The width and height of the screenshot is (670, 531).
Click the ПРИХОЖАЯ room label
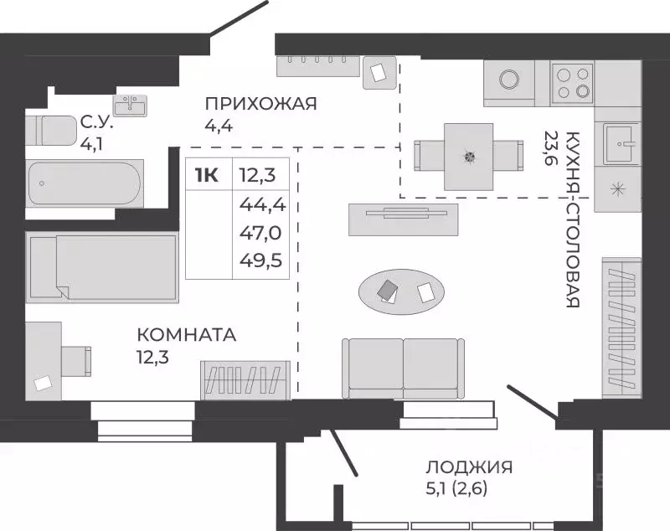point(261,104)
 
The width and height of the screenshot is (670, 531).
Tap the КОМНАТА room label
point(187,335)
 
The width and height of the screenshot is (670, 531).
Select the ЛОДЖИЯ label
point(468,467)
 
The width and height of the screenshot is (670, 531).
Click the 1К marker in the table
point(207,175)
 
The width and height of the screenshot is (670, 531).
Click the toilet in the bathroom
point(52,131)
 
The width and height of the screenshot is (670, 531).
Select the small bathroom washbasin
point(130,106)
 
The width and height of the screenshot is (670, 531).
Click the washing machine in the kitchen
point(509,80)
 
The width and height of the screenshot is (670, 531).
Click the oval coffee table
point(403,291)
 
